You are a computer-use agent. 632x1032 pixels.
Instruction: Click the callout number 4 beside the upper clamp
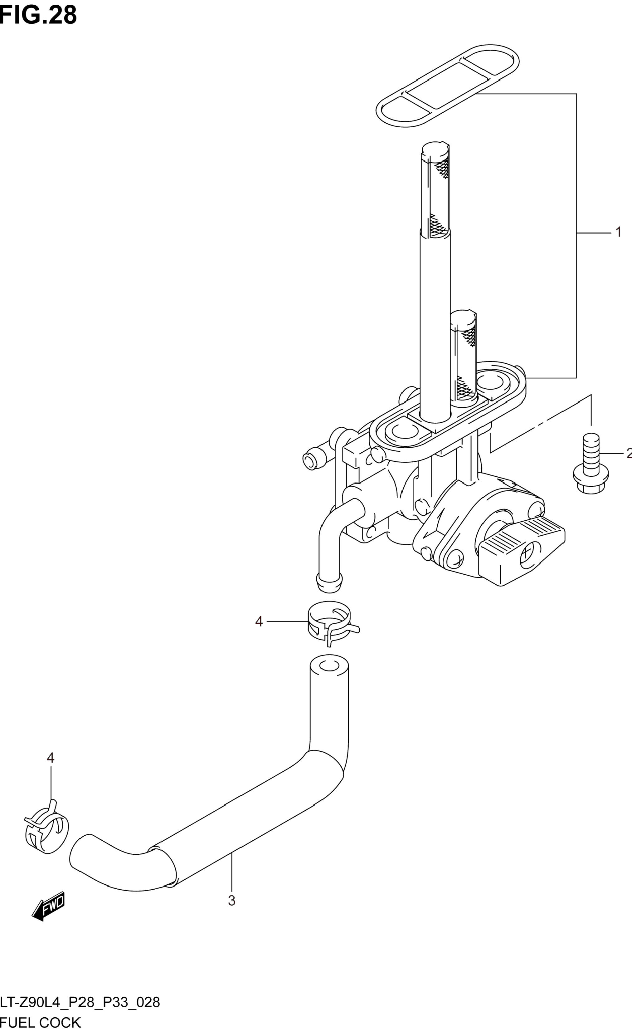[x=259, y=622]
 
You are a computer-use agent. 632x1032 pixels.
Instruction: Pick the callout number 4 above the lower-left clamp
[x=50, y=758]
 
